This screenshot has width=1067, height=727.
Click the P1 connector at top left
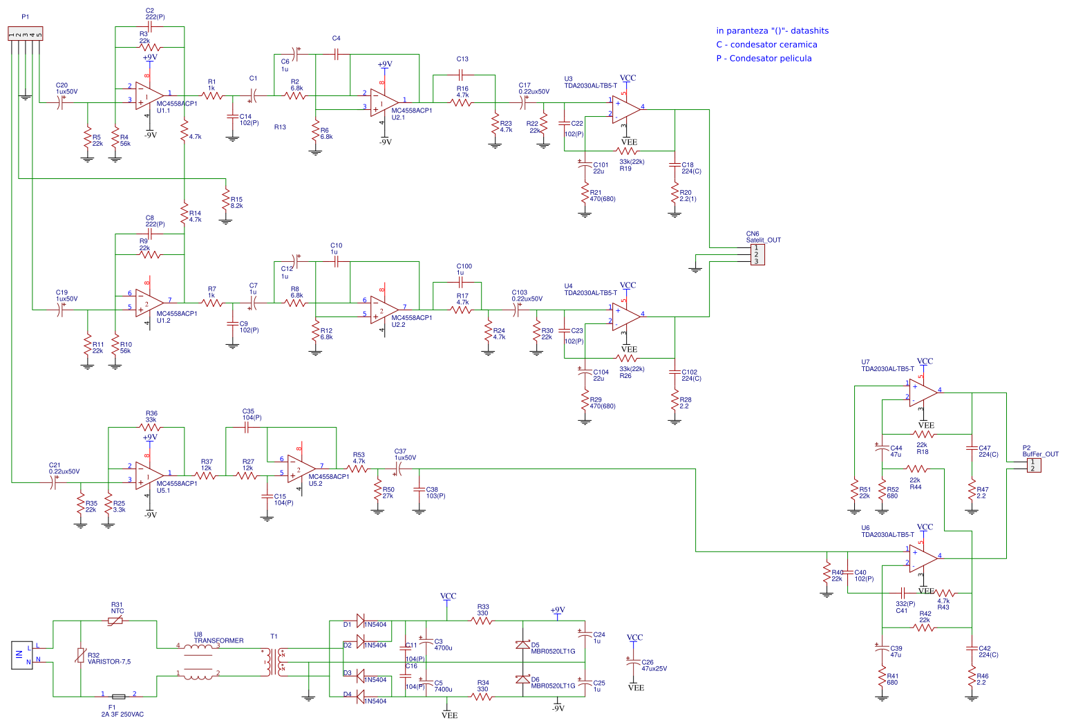(x=25, y=34)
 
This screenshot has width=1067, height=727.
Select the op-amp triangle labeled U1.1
(x=149, y=95)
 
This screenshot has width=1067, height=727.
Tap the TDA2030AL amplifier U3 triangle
(x=625, y=108)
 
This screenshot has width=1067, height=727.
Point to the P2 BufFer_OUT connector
(x=1032, y=465)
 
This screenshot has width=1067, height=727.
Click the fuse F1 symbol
(x=118, y=697)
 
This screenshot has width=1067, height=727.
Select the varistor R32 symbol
(x=81, y=656)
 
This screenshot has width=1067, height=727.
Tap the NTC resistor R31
(x=115, y=621)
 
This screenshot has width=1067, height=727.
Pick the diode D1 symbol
(x=360, y=621)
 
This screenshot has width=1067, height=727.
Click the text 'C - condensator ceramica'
(x=766, y=45)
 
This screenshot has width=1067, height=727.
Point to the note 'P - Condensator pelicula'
(x=764, y=59)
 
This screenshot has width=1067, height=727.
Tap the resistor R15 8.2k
(x=225, y=201)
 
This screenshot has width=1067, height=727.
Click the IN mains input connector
(x=19, y=655)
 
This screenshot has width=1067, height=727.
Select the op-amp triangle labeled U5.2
(x=301, y=469)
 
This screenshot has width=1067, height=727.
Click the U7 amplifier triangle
(x=923, y=393)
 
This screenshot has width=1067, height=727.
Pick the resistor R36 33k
(x=150, y=428)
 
